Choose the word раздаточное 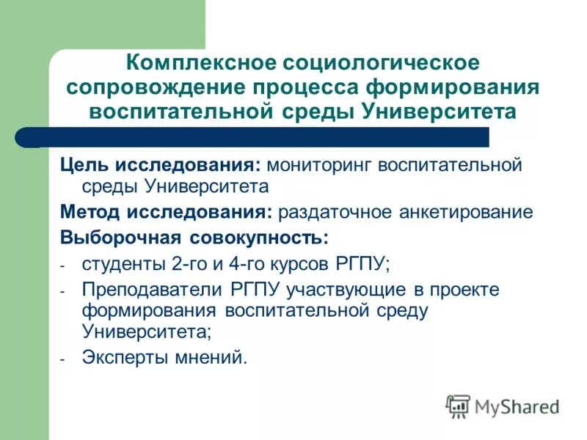335,213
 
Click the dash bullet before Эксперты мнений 63,359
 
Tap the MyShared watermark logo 503,406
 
